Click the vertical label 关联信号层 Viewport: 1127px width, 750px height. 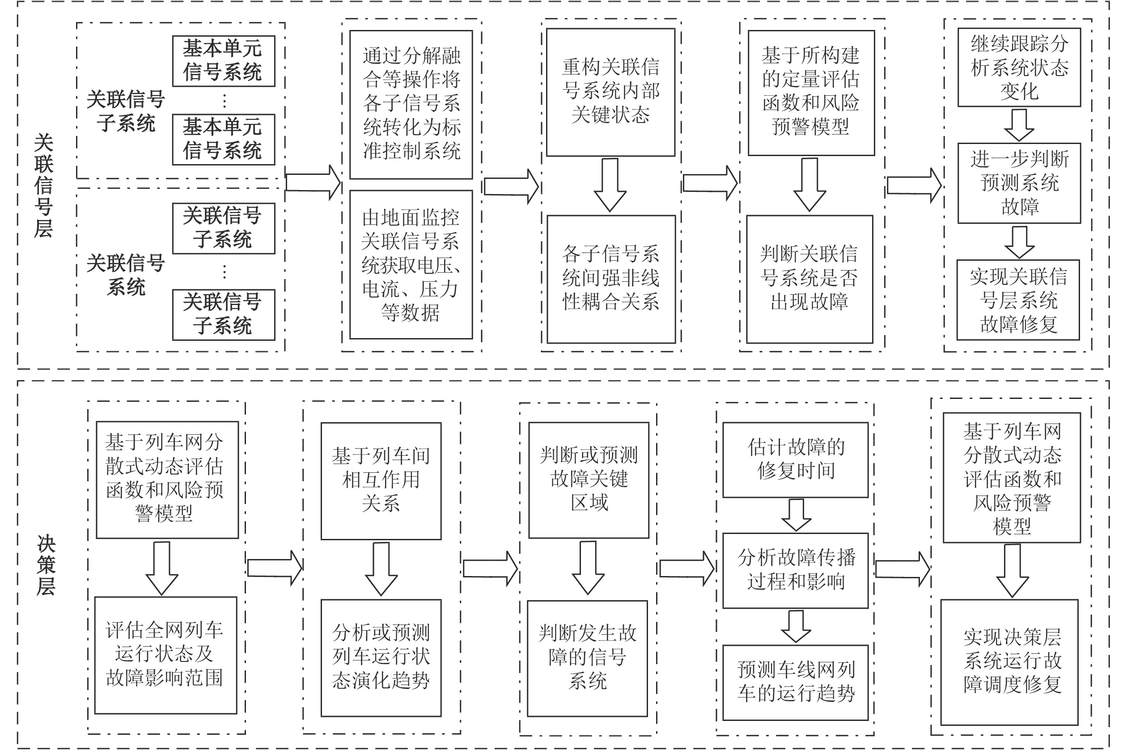click(43, 186)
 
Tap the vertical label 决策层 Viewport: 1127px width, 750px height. click(46, 565)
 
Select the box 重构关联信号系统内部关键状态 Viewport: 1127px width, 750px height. click(611, 92)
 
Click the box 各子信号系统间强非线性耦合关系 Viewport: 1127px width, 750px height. click(611, 279)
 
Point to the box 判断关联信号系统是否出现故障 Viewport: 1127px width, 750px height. click(809, 279)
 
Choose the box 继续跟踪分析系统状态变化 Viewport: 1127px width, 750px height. click(1019, 67)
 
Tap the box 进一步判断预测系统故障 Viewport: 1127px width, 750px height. click(1019, 183)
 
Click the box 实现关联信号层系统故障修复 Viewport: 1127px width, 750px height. click(1018, 300)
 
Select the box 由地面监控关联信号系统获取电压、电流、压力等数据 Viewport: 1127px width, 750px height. click(411, 264)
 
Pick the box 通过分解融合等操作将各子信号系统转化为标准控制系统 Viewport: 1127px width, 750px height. click(411, 105)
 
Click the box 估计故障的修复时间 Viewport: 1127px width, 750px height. click(795, 460)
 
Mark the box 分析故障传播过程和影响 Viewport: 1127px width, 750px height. click(795, 571)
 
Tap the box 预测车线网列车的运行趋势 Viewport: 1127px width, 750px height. click(795, 682)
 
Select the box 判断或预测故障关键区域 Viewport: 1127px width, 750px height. click(589, 480)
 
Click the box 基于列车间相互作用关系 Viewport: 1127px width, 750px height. click(381, 481)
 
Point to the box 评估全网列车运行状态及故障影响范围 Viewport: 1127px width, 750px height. click(165, 655)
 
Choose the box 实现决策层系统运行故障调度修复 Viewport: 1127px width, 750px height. click(1009, 662)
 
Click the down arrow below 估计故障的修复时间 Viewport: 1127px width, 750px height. click(796, 515)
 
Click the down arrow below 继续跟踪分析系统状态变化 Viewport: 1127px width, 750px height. click(1018, 125)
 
